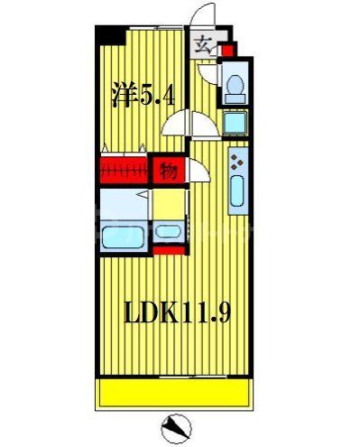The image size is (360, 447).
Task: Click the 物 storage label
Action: (167, 169)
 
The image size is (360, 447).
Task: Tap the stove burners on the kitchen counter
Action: (237, 163)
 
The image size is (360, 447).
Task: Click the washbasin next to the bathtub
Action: (167, 231)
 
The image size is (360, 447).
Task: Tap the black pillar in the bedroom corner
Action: (111, 35)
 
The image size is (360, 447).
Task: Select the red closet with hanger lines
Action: (124, 169)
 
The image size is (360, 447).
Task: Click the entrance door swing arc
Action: (204, 16)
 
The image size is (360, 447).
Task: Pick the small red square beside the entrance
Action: (226, 51)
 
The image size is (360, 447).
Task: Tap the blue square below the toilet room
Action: (234, 124)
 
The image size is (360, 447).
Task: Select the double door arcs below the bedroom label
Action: (187, 124)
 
